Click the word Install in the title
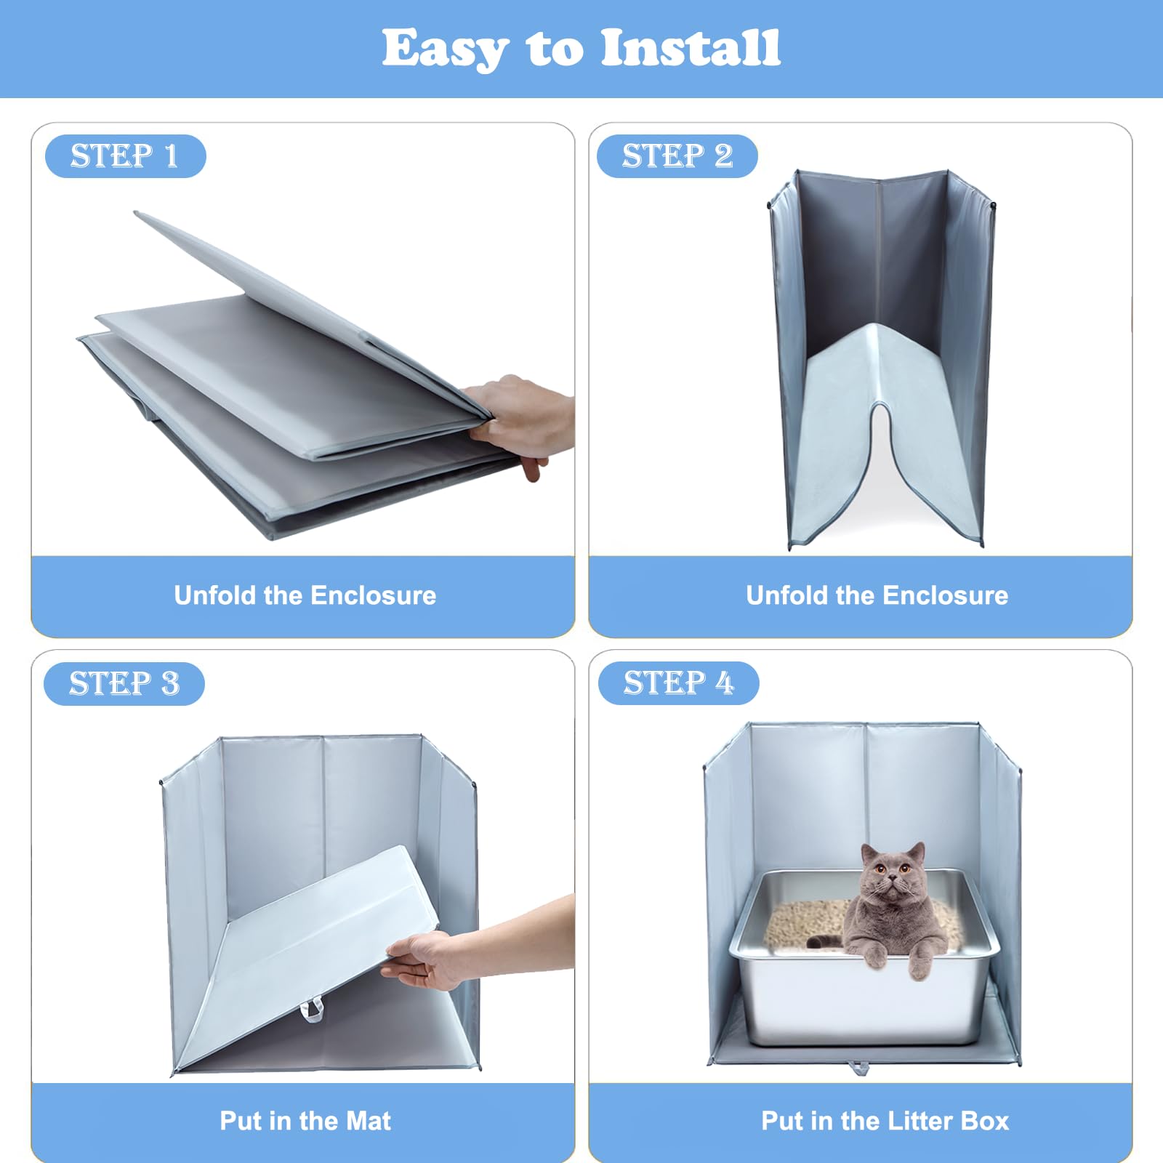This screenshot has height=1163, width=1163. (691, 48)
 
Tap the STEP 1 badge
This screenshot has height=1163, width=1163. (125, 156)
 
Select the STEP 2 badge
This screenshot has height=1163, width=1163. (677, 156)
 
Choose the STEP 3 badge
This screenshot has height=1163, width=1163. (124, 683)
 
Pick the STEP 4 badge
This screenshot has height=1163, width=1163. (678, 683)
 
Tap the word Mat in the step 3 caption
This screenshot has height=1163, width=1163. (369, 1121)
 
